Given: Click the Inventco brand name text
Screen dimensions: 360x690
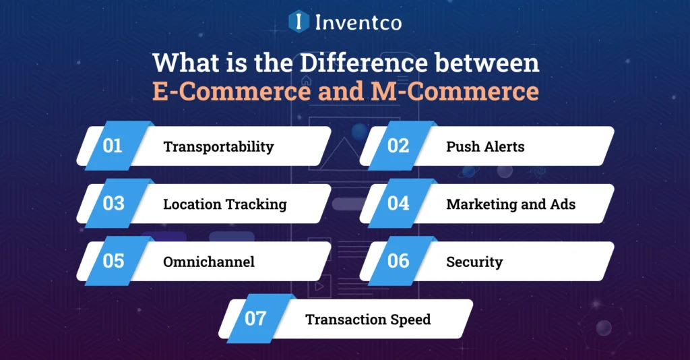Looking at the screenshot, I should coord(358,22).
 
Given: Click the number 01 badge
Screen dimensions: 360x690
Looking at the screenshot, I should coord(113,146).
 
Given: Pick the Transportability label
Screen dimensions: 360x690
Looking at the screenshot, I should coord(218,146).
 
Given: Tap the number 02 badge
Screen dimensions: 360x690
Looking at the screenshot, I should coord(398,146).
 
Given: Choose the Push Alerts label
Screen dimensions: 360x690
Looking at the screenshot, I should coord(485,146).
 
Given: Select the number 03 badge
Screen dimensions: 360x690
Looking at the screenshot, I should coord(113,203).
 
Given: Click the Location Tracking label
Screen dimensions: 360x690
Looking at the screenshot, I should coord(225,204).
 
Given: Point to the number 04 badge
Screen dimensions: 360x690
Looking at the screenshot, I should coord(398,203).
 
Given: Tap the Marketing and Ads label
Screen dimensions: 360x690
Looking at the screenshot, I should coord(511,204).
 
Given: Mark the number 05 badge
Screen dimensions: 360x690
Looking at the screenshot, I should coord(113,260).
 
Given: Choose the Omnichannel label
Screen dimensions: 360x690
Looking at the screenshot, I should coord(209,262).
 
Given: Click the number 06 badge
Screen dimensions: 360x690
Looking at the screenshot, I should coord(398,260).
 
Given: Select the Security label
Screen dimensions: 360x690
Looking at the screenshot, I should coord(474,262).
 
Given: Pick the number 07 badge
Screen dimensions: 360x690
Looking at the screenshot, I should coord(255,318).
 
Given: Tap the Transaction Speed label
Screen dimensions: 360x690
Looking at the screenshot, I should coord(368,319).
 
